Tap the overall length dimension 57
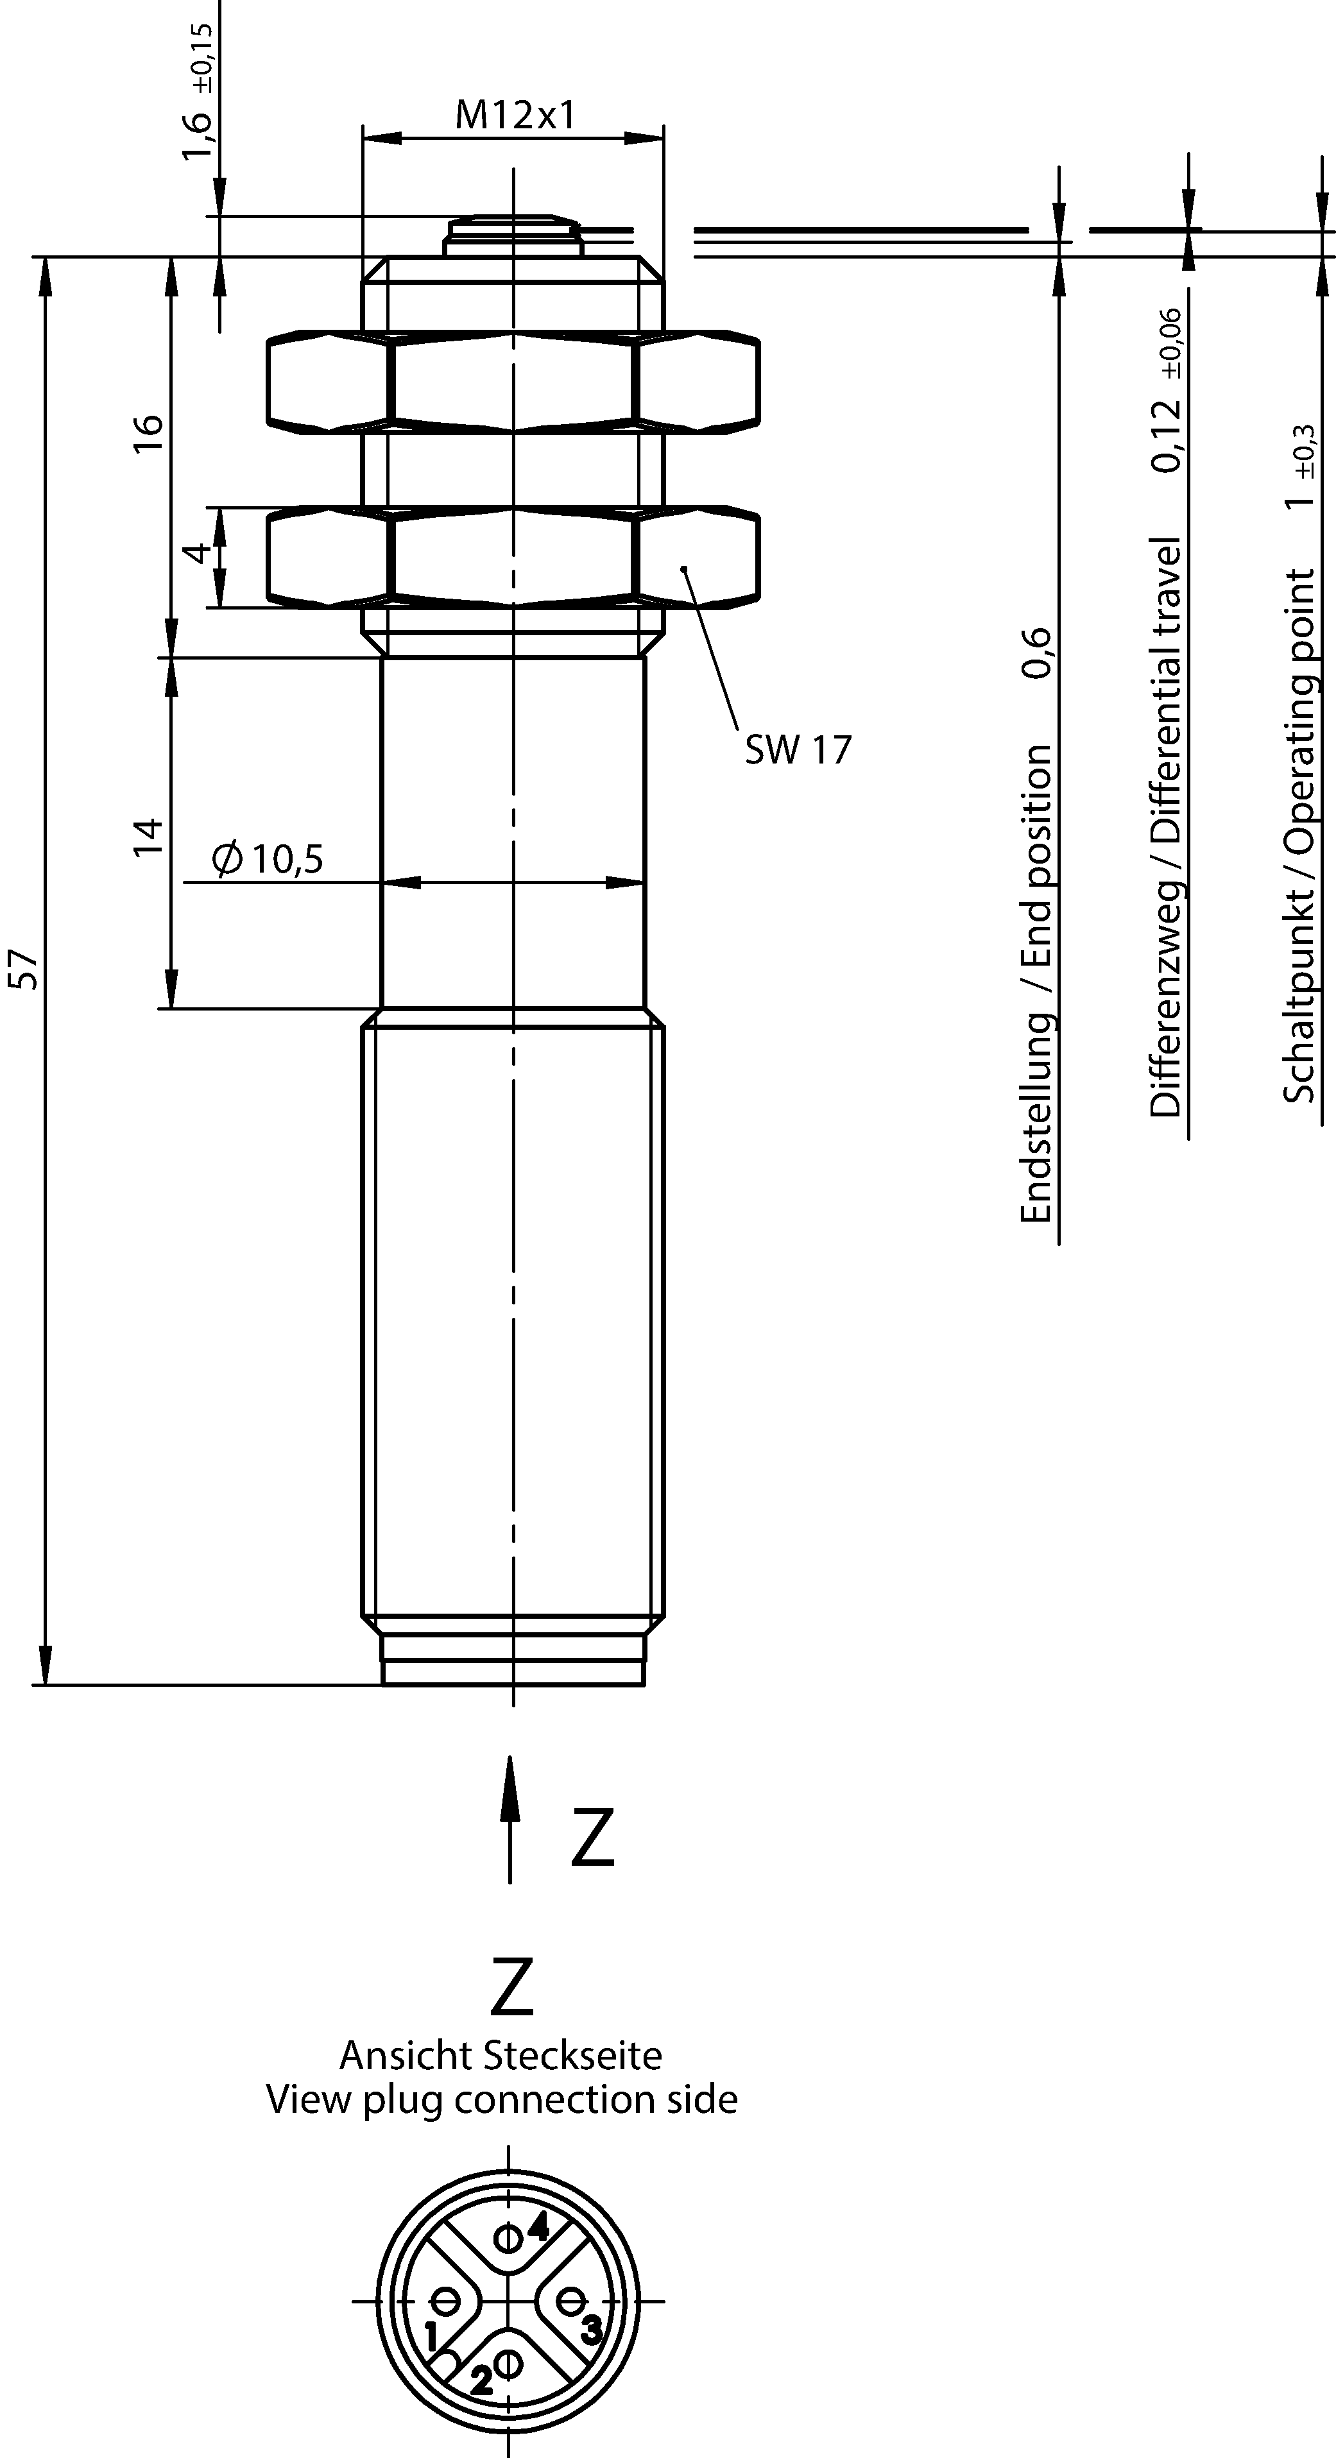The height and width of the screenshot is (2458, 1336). pyautogui.click(x=28, y=968)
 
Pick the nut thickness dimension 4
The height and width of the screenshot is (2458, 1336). pyautogui.click(x=196, y=554)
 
